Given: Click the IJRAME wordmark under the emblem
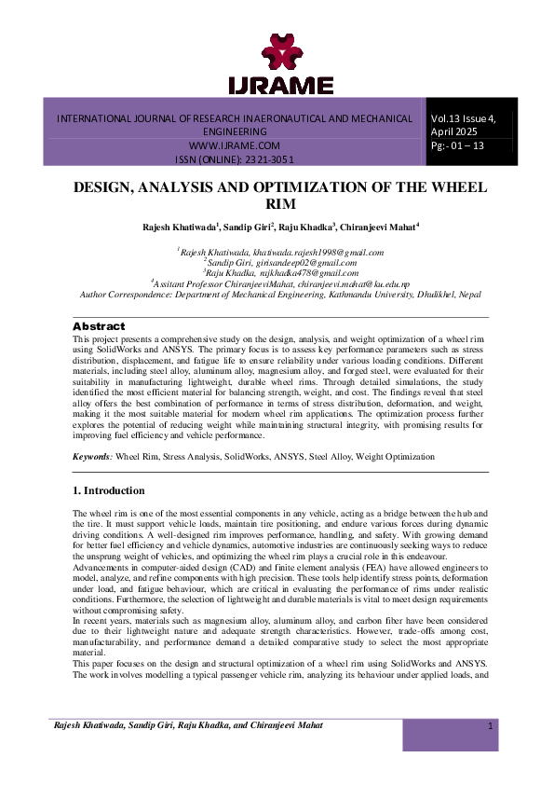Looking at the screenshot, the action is tap(280, 87).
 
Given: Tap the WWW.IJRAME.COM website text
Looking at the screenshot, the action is tap(235, 146).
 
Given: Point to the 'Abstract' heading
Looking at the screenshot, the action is tap(98, 326).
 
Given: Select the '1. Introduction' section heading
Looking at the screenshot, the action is tap(109, 490).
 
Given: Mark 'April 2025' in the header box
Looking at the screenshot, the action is tap(454, 132).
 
